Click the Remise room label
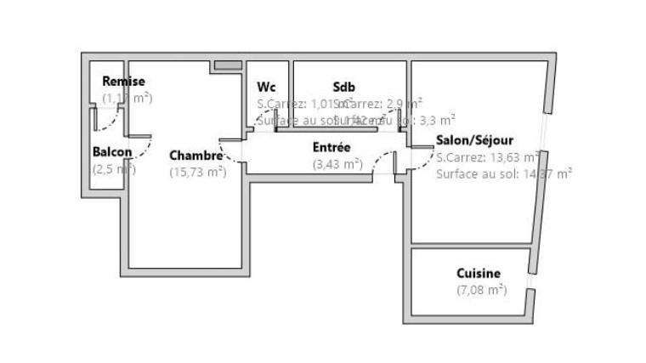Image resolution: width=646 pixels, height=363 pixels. tap(123, 82)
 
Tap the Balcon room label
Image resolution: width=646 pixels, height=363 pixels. tap(112, 152)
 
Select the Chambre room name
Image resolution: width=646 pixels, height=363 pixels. tap(195, 156)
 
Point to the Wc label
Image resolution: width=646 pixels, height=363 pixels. tap(266, 87)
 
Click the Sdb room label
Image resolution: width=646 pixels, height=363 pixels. tap(343, 87)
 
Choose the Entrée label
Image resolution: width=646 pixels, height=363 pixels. tap(331, 147)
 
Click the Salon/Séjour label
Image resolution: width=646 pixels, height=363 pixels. tap(474, 140)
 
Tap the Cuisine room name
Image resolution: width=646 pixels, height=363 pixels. tap(479, 274)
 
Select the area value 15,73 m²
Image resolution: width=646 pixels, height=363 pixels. tap(197, 172)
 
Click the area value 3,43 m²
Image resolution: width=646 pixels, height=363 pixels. tap(337, 163)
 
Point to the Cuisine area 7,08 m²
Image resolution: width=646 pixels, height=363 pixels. tap(481, 290)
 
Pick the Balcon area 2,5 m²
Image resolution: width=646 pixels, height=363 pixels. tap(113, 168)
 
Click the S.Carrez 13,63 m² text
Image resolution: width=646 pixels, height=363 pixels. tap(487, 157)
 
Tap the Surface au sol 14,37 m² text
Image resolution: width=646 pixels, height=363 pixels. tap(503, 173)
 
